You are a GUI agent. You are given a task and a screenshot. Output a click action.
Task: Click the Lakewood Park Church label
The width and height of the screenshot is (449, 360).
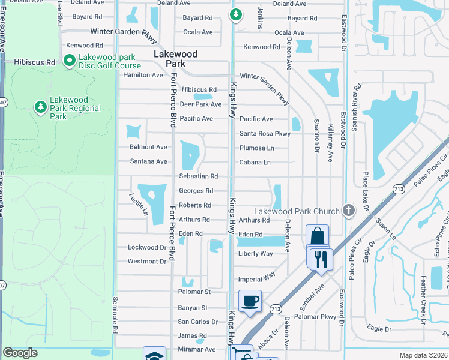click(297, 211)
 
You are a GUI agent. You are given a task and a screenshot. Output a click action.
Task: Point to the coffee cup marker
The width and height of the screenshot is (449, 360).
click(250, 300)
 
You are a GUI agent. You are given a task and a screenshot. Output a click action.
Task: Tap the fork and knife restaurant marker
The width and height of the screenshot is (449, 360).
click(321, 259)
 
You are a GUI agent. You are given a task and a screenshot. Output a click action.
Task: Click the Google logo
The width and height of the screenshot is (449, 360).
click(20, 353)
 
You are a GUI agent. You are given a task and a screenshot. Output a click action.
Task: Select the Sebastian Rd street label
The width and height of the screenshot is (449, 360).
click(198, 176)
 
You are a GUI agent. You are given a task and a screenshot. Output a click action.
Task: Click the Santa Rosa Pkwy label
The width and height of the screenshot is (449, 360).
click(265, 134)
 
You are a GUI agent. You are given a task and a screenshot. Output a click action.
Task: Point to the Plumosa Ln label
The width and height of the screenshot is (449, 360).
click(256, 148)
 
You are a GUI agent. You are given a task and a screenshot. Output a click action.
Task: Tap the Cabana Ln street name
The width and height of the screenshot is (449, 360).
click(255, 163)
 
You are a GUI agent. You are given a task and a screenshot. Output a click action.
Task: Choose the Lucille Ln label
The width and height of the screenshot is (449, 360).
click(138, 204)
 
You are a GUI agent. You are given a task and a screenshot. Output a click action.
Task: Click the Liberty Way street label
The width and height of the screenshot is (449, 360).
click(256, 254)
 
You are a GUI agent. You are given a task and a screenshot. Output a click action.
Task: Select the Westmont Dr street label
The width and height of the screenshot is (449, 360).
click(146, 262)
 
